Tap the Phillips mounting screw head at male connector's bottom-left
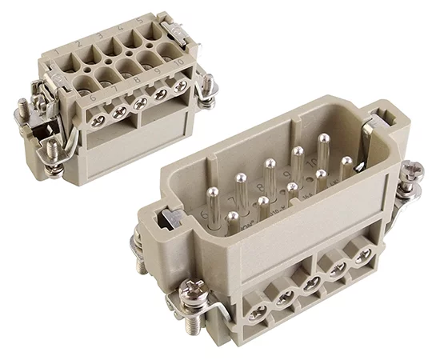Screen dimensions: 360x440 (197, 288)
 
